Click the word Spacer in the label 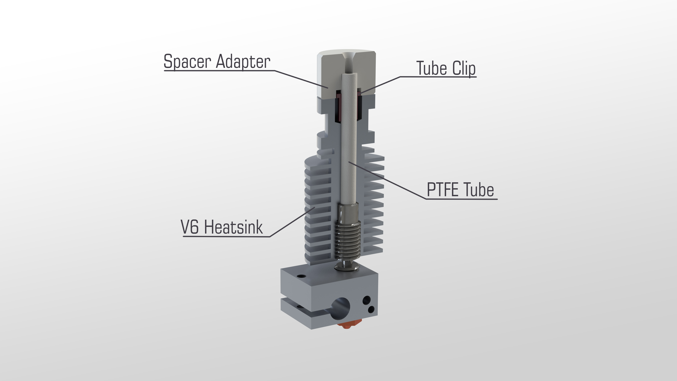coord(187,62)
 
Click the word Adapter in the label coord(243,62)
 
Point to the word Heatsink coord(233,227)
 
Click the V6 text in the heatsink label coord(189,227)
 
